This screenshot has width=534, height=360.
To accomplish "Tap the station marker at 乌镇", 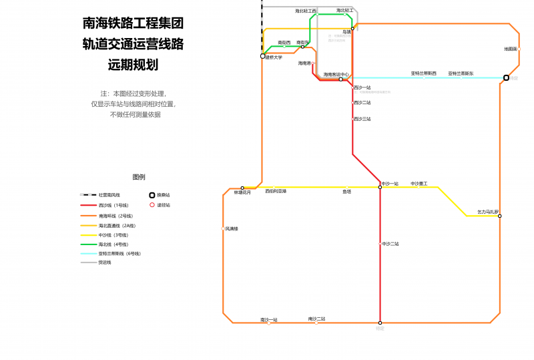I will pyautogui.click(x=352, y=29).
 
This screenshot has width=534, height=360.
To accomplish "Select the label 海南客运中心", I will pyautogui.click(x=336, y=74).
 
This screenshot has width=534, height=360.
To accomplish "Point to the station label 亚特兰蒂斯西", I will pyautogui.click(x=423, y=73).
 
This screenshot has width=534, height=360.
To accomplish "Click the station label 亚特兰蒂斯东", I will pyautogui.click(x=461, y=73).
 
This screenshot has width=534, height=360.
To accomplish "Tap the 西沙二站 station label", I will pyautogui.click(x=362, y=103).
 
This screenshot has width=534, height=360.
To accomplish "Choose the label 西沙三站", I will pyautogui.click(x=362, y=119).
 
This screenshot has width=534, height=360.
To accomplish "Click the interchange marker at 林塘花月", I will pyautogui.click(x=242, y=188).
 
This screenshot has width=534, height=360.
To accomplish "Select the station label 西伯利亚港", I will pyautogui.click(x=276, y=192).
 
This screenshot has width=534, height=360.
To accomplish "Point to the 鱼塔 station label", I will pyautogui.click(x=347, y=192).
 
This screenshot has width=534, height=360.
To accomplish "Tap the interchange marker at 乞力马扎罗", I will pyautogui.click(x=499, y=216).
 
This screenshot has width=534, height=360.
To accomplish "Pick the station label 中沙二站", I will pyautogui.click(x=390, y=244).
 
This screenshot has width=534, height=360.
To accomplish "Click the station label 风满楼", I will pyautogui.click(x=232, y=228).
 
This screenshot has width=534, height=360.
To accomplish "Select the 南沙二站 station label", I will pyautogui.click(x=316, y=319).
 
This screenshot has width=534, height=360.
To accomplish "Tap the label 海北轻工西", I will pyautogui.click(x=306, y=11).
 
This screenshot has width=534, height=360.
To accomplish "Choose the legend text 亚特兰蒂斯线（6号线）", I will pyautogui.click(x=119, y=254).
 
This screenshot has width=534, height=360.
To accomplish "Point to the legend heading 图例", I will pyautogui.click(x=139, y=177).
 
